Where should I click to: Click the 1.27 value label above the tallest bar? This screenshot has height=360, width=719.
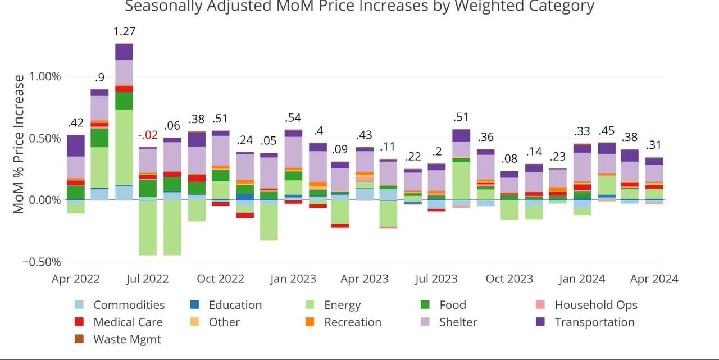(124, 31)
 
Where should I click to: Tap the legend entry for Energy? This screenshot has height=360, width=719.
(342, 305)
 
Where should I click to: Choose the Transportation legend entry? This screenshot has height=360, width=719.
(594, 322)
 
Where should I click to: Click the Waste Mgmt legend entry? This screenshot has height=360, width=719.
(127, 339)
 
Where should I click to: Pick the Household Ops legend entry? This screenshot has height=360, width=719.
(596, 305)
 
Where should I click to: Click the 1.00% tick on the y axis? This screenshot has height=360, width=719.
(42, 77)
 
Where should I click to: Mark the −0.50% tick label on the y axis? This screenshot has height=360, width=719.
(42, 262)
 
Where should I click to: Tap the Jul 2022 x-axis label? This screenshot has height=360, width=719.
(148, 279)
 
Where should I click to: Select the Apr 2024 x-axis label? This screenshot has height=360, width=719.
(654, 279)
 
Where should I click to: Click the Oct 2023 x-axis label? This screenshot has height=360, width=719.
(509, 279)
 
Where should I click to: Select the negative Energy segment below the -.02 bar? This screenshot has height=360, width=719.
(148, 227)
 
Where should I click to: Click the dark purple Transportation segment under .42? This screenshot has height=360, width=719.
(76, 145)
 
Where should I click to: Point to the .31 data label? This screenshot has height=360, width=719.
(654, 145)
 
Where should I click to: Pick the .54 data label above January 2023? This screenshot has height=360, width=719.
(293, 118)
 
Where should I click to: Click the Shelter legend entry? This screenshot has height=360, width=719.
(457, 322)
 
